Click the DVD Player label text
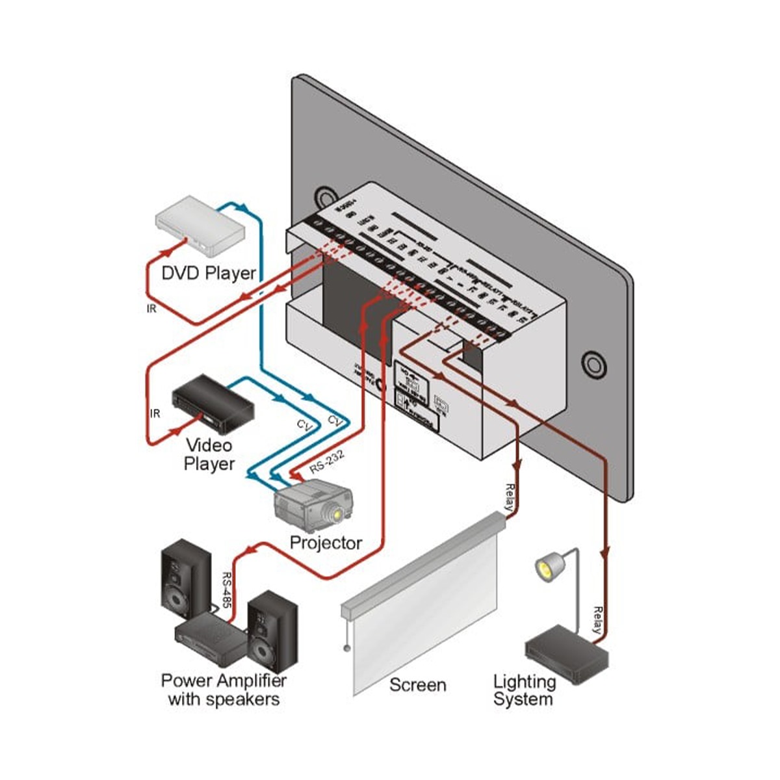(209, 273)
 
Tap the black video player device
(212, 407)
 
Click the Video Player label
(209, 454)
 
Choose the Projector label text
(326, 543)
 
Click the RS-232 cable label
(326, 463)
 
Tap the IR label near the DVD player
(151, 309)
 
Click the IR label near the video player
(155, 413)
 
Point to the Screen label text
(417, 685)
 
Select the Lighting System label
(524, 690)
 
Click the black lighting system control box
(566, 654)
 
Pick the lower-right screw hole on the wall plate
(593, 365)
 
